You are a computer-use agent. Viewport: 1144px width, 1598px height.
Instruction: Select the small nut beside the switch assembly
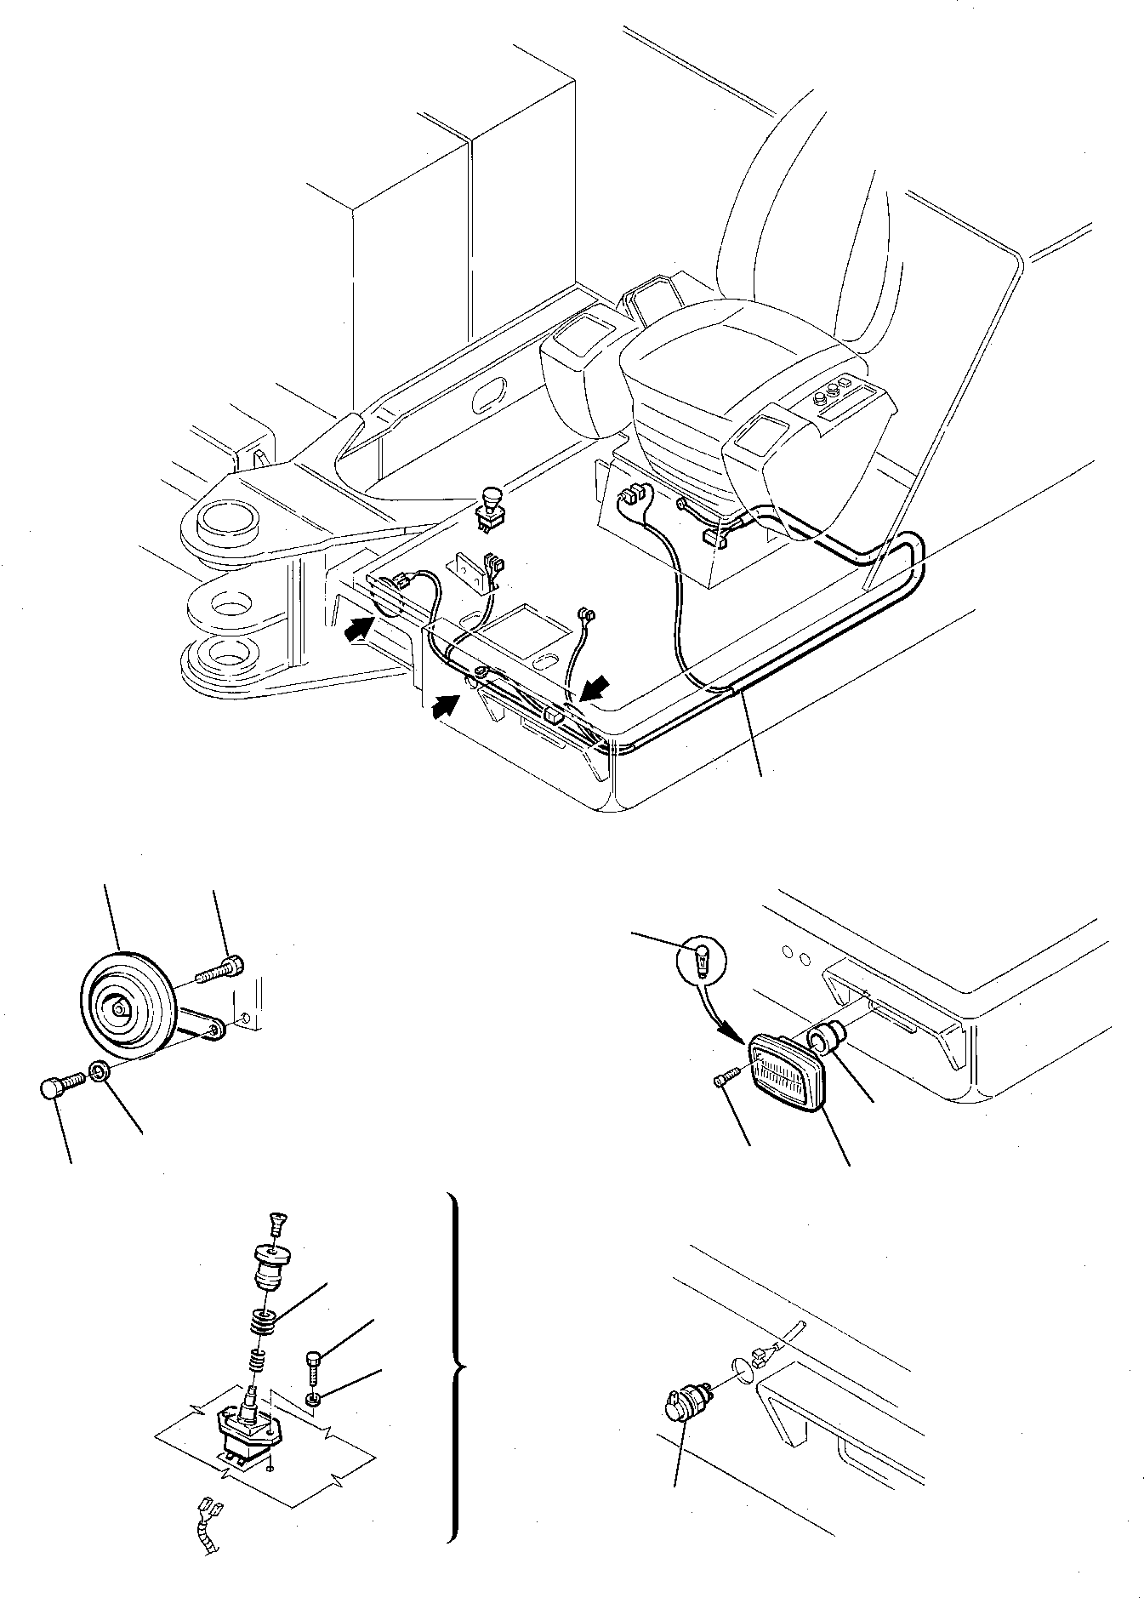pyautogui.click(x=314, y=1398)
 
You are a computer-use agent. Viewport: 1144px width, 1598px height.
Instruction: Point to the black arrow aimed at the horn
pyautogui.click(x=359, y=629)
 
